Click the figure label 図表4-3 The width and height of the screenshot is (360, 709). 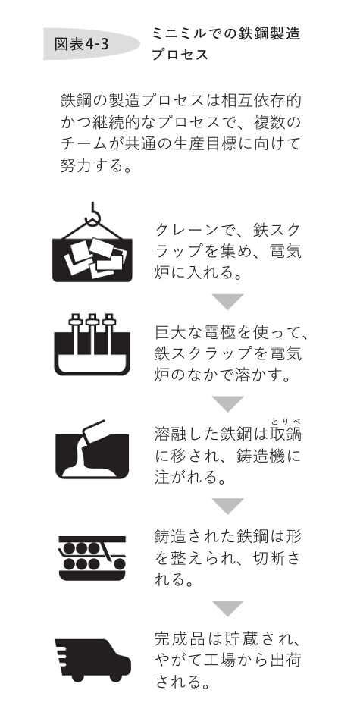coord(81,44)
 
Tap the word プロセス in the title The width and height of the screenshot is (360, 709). coord(180,55)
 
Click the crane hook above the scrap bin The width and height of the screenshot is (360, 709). coord(92,215)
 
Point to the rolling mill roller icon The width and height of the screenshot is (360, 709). coord(92,558)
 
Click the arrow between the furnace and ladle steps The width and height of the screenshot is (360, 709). coord(228,403)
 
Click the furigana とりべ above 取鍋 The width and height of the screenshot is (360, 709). coord(286,422)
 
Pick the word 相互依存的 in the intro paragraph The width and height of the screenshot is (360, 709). coord(261,100)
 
